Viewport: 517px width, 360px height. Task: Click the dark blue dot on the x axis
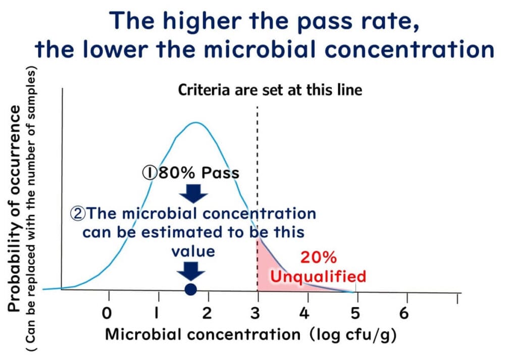pos(190,289)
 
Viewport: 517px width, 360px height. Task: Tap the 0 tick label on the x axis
pos(107,313)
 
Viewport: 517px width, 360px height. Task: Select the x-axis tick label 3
pos(255,313)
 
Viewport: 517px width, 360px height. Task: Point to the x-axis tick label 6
pos(404,313)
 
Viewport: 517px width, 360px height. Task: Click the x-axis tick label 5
pos(355,313)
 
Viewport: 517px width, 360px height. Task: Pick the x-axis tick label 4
pos(304,313)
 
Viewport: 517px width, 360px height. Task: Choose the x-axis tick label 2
pos(206,313)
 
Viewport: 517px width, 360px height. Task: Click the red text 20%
pos(319,258)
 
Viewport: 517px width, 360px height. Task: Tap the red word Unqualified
pos(318,276)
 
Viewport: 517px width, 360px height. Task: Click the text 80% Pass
pos(199,173)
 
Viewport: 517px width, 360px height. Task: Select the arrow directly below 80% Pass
pos(193,193)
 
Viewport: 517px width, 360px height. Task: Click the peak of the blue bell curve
pos(196,123)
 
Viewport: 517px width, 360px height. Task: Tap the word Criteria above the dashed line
pos(203,90)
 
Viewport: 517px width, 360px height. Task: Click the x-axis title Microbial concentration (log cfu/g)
pos(250,335)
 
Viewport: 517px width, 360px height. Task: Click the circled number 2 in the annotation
pos(78,214)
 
